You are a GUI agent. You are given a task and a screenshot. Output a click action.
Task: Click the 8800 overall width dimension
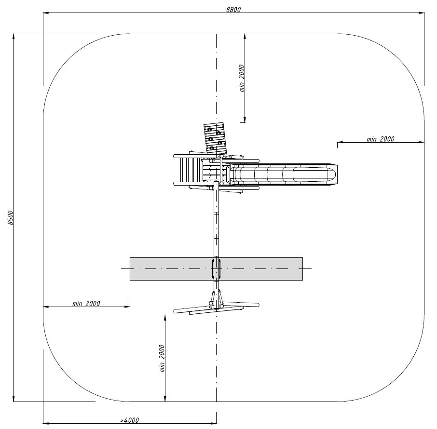pyautogui.click(x=233, y=10)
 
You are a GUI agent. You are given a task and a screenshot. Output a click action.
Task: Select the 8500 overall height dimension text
pyautogui.click(x=10, y=217)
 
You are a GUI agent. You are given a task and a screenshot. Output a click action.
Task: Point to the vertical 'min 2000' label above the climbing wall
pyautogui.click(x=242, y=78)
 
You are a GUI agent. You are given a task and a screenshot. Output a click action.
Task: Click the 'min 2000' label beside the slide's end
pyautogui.click(x=381, y=139)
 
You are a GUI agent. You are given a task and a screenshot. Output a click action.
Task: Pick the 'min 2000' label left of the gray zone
pyautogui.click(x=86, y=303)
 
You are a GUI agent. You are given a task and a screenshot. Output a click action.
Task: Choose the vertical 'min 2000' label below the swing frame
pyautogui.click(x=162, y=358)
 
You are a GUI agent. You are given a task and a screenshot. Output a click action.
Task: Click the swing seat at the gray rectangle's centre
pyautogui.click(x=216, y=268)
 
